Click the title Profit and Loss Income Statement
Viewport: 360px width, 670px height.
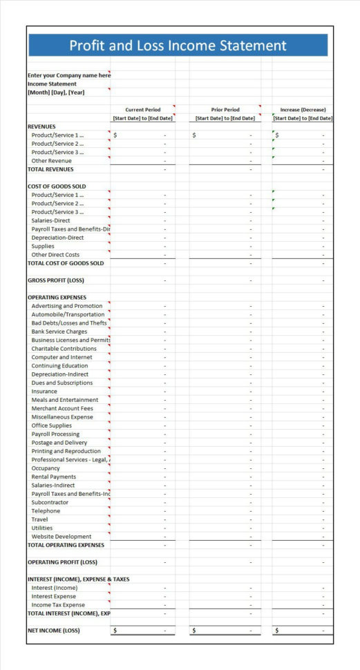click(x=178, y=46)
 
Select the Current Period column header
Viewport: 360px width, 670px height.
click(x=142, y=110)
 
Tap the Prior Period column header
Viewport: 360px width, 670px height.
click(x=225, y=110)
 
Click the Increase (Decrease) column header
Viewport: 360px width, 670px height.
click(x=303, y=110)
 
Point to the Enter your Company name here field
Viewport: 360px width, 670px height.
click(x=68, y=75)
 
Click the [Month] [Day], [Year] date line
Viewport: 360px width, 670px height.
click(x=56, y=93)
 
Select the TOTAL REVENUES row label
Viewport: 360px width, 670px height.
click(x=50, y=169)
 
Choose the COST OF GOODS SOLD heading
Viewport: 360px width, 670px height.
click(x=57, y=186)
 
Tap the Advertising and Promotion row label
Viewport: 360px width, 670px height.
click(x=67, y=306)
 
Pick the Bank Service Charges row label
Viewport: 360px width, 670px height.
click(x=59, y=332)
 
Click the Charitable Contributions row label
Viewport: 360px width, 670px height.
click(x=64, y=349)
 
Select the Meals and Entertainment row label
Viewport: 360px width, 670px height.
click(x=65, y=400)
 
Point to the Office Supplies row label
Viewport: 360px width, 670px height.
click(x=52, y=425)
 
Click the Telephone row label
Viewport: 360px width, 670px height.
click(x=46, y=511)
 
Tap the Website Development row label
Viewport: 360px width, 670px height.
click(x=61, y=537)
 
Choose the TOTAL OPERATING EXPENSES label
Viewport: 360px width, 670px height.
click(x=66, y=545)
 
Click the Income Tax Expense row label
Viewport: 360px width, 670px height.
click(x=58, y=605)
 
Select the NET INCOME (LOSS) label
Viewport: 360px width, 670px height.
click(x=54, y=631)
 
